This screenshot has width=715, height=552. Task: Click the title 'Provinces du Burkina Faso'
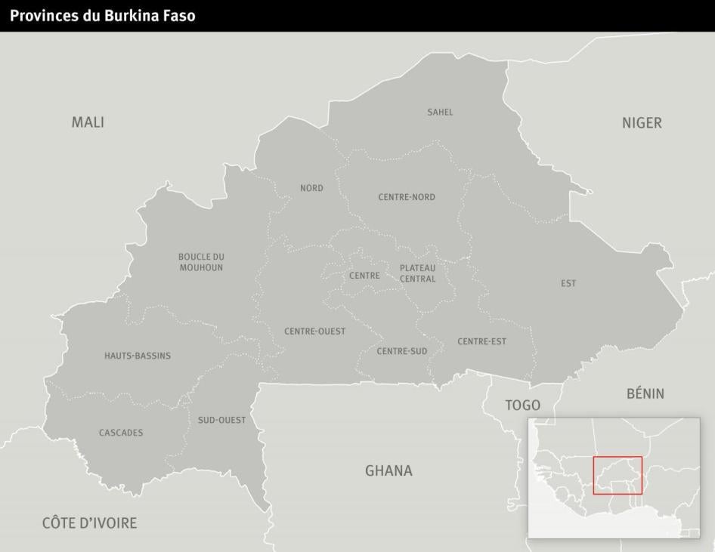pos(103,15)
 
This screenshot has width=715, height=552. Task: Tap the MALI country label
pos(88,122)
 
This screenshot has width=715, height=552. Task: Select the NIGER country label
pos(642,123)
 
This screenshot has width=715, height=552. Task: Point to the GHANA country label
pos(388,470)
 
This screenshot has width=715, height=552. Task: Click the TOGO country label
pos(522,406)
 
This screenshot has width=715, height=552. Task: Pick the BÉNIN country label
pos(645,393)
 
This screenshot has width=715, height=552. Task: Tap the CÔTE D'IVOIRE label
pos(89,523)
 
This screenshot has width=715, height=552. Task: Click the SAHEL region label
pos(440,113)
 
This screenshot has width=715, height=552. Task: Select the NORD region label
pos(311,188)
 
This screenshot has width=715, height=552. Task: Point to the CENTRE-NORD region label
pos(407,197)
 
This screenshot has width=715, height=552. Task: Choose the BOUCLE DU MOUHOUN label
pos(201,262)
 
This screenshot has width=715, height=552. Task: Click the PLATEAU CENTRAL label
pos(418,273)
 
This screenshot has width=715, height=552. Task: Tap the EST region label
pos(568,283)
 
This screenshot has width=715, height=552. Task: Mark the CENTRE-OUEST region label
pos(315,332)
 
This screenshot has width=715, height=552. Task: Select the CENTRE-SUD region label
pos(402,351)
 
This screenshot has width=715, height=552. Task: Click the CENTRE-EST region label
pos(481,341)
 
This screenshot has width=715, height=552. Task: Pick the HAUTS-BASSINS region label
pos(138,356)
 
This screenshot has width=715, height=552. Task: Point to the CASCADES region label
pos(121,433)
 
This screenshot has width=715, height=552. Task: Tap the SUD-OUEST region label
pos(221,420)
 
